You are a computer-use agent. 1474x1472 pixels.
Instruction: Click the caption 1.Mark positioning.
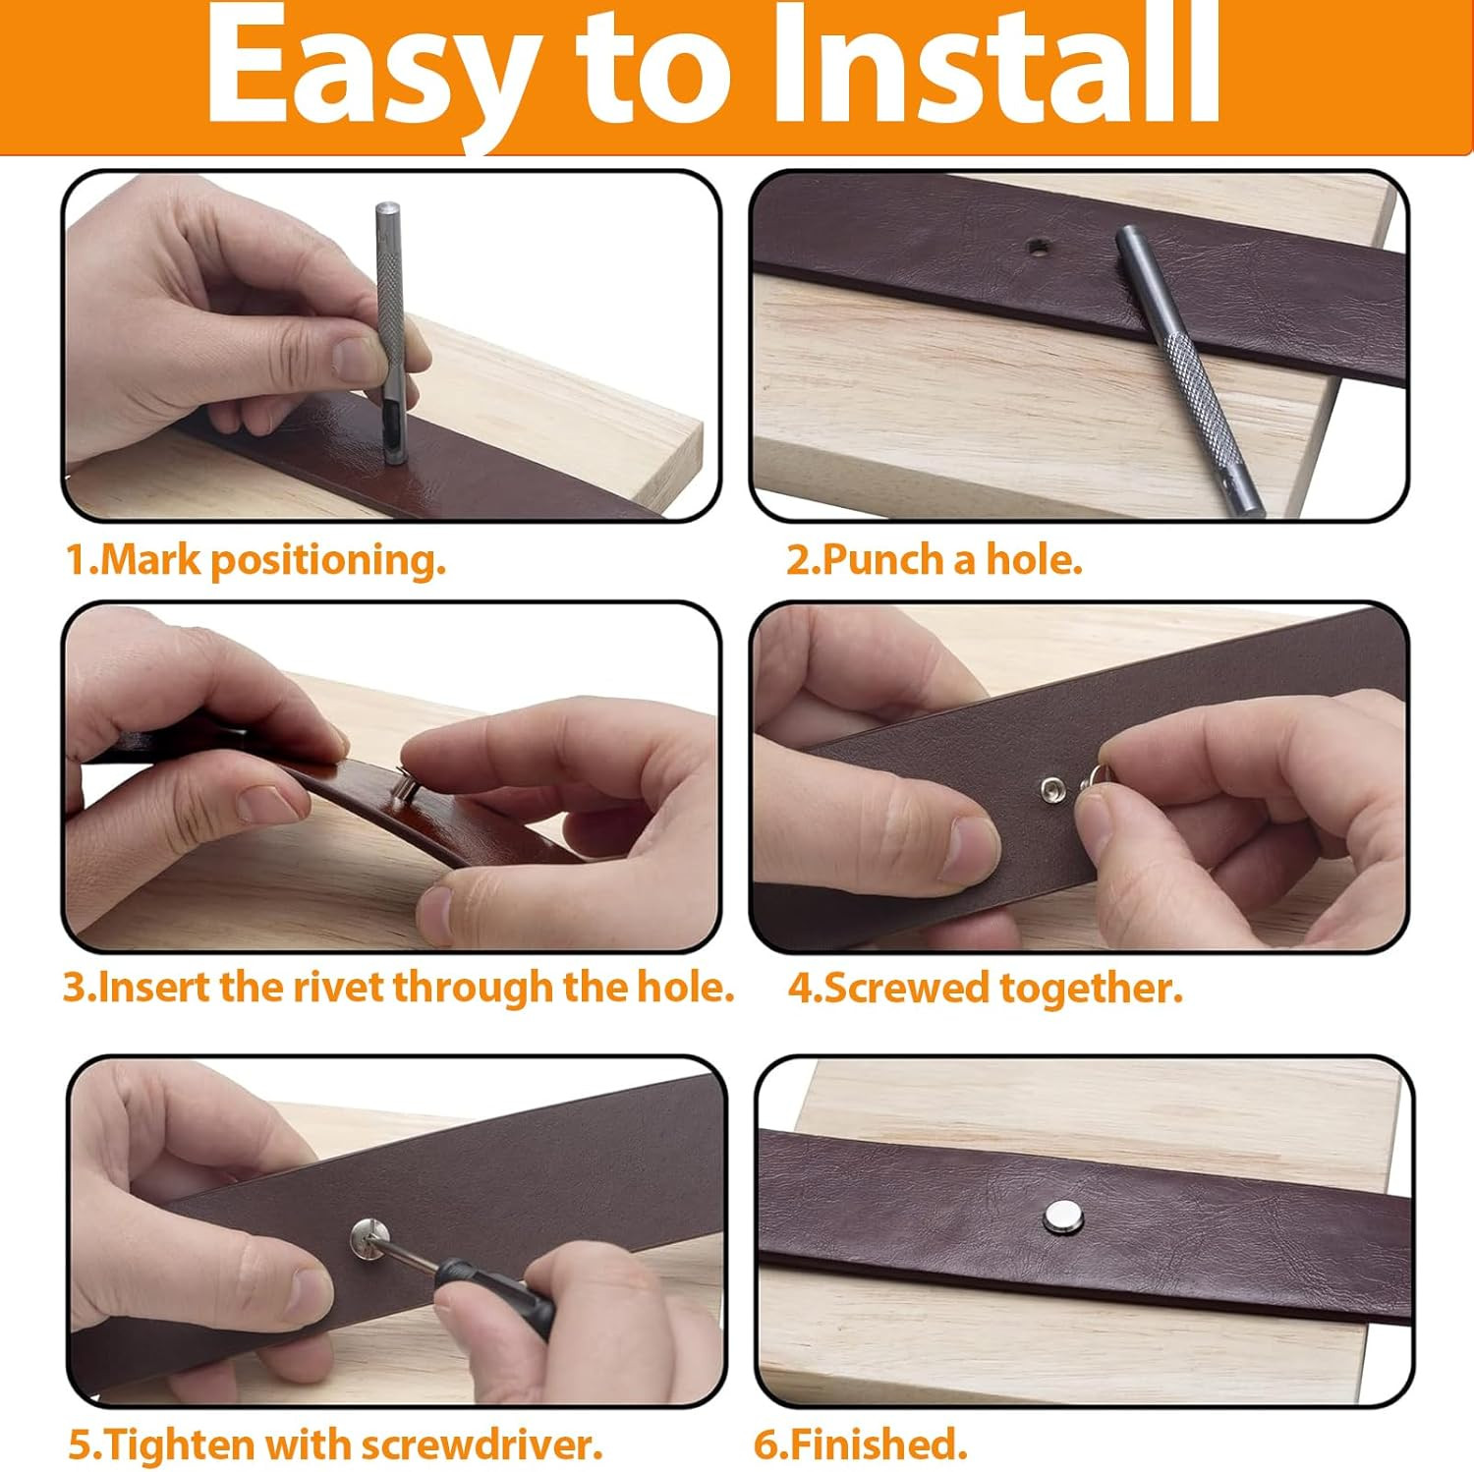(x=255, y=560)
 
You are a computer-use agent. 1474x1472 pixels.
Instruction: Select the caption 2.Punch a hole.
(x=934, y=560)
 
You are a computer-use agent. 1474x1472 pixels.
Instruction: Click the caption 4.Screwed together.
(x=985, y=989)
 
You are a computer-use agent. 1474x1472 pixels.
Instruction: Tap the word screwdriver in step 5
(x=481, y=1444)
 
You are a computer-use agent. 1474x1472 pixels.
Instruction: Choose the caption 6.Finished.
(x=861, y=1444)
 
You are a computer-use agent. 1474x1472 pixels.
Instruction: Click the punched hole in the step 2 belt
(x=1037, y=249)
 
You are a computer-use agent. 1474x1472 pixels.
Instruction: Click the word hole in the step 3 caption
(x=685, y=987)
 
